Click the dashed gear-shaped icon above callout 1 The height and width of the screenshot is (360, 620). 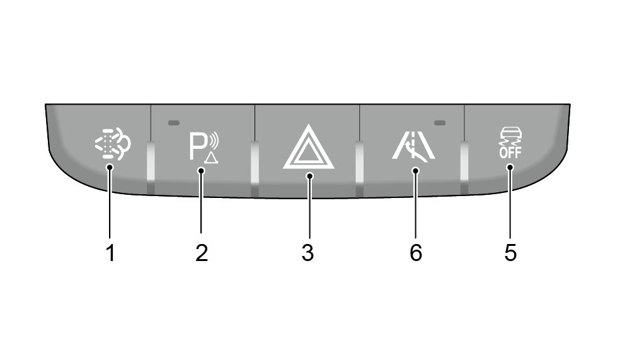(x=113, y=144)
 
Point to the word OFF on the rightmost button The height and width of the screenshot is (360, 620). (x=510, y=153)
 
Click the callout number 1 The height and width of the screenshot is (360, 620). (x=111, y=253)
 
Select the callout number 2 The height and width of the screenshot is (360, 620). (x=202, y=253)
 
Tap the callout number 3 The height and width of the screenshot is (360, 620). (x=307, y=253)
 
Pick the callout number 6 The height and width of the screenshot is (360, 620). (x=416, y=253)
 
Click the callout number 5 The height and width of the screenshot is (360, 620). (x=510, y=253)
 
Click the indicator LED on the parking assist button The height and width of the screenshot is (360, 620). (x=173, y=123)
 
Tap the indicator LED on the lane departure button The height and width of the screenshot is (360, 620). (x=440, y=123)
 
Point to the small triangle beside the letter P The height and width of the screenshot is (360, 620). (x=212, y=158)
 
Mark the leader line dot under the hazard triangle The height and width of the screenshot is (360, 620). (x=309, y=176)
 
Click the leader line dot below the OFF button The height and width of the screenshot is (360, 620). (x=510, y=167)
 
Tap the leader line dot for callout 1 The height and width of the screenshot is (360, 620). (x=110, y=167)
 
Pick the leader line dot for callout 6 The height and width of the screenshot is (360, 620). (x=415, y=170)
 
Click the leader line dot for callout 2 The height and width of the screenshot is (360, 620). (x=201, y=170)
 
